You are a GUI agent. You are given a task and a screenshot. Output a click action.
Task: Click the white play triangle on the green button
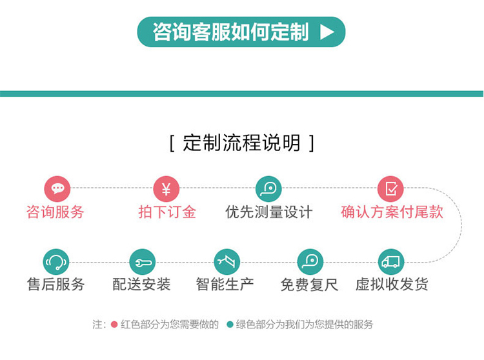pos(327,32)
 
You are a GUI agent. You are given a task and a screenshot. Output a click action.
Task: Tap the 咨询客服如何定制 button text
pos(230,32)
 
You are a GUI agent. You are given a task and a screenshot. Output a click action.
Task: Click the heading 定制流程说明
pos(241,143)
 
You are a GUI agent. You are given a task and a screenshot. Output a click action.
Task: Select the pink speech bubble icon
pos(57,189)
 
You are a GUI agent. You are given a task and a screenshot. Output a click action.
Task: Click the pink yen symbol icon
pos(166,189)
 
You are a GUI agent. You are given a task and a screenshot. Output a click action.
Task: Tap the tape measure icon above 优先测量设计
pos(268,189)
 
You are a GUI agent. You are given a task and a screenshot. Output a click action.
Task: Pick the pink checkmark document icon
pos(390,189)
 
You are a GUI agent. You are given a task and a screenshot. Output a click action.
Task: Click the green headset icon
pos(56,262)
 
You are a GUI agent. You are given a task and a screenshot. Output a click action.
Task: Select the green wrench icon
pos(143,262)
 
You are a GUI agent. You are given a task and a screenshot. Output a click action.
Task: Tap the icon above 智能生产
pos(227,262)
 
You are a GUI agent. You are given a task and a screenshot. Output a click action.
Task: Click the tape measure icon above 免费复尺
pos(310,262)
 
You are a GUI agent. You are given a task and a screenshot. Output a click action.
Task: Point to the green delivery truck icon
pos(391,262)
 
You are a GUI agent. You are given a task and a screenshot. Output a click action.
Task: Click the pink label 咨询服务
pos(55,212)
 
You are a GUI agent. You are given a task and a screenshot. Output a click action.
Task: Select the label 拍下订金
pos(167,212)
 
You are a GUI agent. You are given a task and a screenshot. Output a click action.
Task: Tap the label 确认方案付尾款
pos(392,212)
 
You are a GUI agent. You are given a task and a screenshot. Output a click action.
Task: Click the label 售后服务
pos(56,284)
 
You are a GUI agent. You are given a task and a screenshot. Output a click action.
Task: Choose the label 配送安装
pos(141,284)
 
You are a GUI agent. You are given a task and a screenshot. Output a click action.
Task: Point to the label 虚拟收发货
pos(392,284)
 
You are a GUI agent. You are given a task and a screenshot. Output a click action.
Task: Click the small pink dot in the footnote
pos(114,325)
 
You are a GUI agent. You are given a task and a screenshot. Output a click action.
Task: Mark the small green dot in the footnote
pos(230,325)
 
